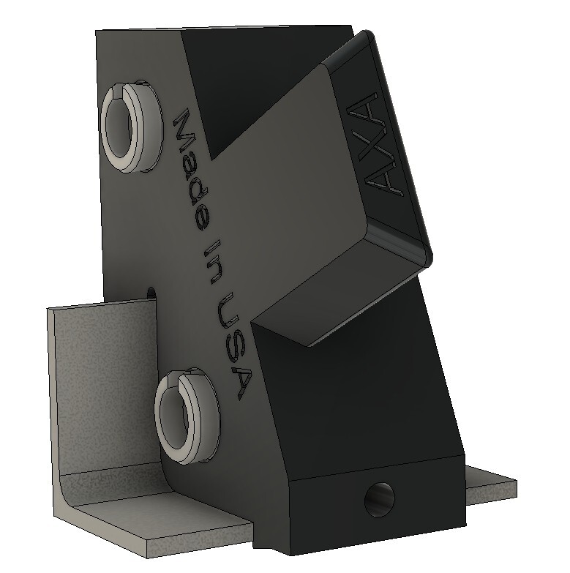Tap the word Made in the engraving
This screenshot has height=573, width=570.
[x=191, y=169]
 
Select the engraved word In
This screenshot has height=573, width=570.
[x=213, y=261]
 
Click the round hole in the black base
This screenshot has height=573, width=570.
[x=380, y=499]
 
